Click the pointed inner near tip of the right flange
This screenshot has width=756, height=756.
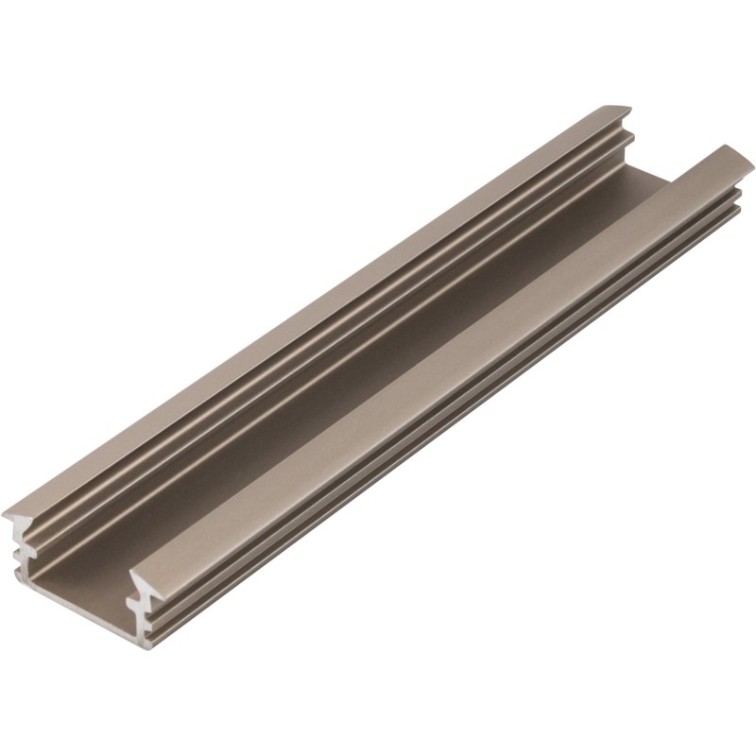point(132,575)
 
